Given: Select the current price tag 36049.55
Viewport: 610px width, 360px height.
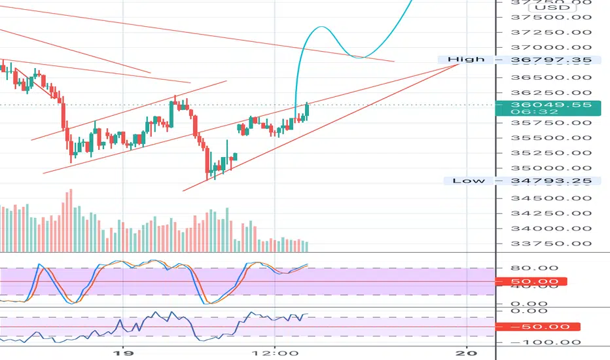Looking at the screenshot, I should (534, 105).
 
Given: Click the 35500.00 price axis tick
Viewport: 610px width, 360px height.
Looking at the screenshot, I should (534, 138).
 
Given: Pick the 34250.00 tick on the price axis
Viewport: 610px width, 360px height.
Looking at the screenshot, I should (534, 213).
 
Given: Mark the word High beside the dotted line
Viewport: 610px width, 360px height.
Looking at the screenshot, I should (466, 60).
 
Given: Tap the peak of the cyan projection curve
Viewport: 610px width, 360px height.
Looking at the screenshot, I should (321, 27).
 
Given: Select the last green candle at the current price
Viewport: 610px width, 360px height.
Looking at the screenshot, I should (307, 109).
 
